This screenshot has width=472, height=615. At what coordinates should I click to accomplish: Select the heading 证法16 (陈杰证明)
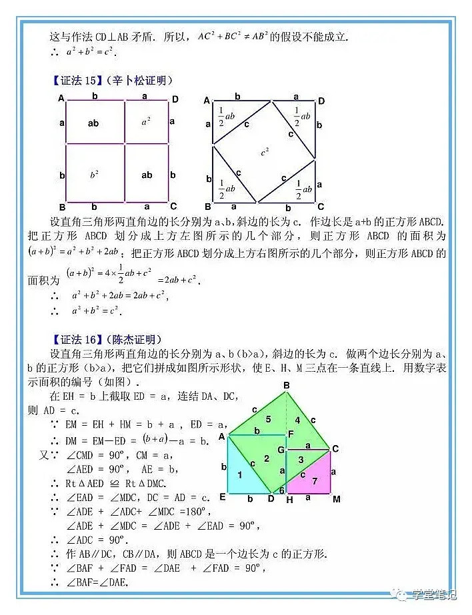(107, 339)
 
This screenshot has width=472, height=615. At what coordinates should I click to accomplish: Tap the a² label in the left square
(147, 122)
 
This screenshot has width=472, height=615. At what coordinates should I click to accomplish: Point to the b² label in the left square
(94, 175)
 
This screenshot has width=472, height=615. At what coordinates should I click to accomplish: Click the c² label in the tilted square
(265, 152)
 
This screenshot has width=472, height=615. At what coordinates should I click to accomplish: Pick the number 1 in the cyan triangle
(240, 474)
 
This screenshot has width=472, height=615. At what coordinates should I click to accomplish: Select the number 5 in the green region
(268, 419)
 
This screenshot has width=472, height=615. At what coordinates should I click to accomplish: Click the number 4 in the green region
(297, 420)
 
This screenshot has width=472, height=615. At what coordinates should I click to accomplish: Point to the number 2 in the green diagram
(267, 458)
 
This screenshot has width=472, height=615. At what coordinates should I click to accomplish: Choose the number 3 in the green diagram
(301, 459)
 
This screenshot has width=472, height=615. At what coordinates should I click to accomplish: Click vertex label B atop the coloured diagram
(286, 385)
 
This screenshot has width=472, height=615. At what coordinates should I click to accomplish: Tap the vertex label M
(336, 499)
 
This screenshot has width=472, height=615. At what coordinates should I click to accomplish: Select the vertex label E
(222, 497)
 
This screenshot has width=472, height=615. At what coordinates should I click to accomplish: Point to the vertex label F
(291, 434)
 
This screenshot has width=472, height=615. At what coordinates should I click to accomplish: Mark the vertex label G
(281, 450)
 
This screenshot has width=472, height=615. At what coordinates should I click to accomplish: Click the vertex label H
(289, 499)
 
